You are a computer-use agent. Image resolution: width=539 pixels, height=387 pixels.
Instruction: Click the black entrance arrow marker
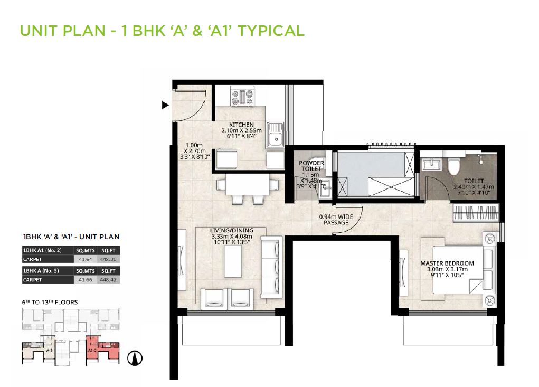pyautogui.click(x=164, y=106)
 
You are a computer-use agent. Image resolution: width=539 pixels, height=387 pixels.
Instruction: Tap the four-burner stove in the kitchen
pyautogui.click(x=242, y=97)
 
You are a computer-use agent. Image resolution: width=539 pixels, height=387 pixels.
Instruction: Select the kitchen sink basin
pyautogui.click(x=275, y=139)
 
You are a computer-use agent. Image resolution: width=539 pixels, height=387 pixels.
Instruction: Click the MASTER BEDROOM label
pyautogui.click(x=447, y=263)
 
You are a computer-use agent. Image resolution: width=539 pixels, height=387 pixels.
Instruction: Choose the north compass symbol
pyautogui.click(x=136, y=358)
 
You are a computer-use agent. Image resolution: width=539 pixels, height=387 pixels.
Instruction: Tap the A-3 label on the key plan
pyautogui.click(x=49, y=350)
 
